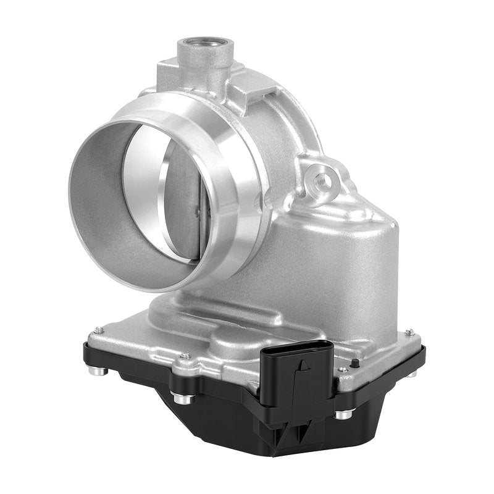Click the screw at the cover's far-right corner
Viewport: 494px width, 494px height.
(408, 332)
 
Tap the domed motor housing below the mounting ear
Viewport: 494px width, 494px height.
(321, 259)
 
